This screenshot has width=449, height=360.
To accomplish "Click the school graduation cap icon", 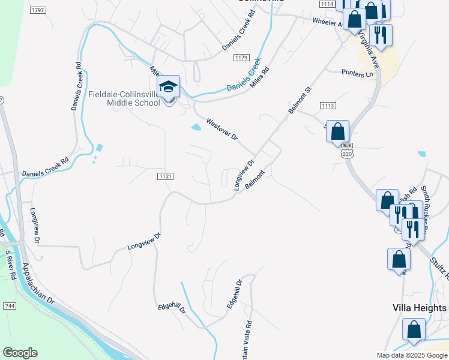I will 169,88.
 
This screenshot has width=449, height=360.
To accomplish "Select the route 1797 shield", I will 38,10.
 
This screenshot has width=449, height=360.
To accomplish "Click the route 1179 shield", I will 241,57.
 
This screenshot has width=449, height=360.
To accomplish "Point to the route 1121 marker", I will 166,176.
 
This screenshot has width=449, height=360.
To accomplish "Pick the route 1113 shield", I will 328,106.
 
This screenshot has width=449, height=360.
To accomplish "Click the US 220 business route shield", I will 347,151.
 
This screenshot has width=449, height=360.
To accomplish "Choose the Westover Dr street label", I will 222,130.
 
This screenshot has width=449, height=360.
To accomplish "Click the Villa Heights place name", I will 420,308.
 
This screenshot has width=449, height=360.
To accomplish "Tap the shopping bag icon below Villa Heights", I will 414,329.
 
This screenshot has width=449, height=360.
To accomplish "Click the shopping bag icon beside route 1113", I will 337,131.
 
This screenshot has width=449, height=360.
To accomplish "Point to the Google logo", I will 20,353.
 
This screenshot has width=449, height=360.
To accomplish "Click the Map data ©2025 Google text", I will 411,355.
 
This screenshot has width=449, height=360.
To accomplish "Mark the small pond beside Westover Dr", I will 196,127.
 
